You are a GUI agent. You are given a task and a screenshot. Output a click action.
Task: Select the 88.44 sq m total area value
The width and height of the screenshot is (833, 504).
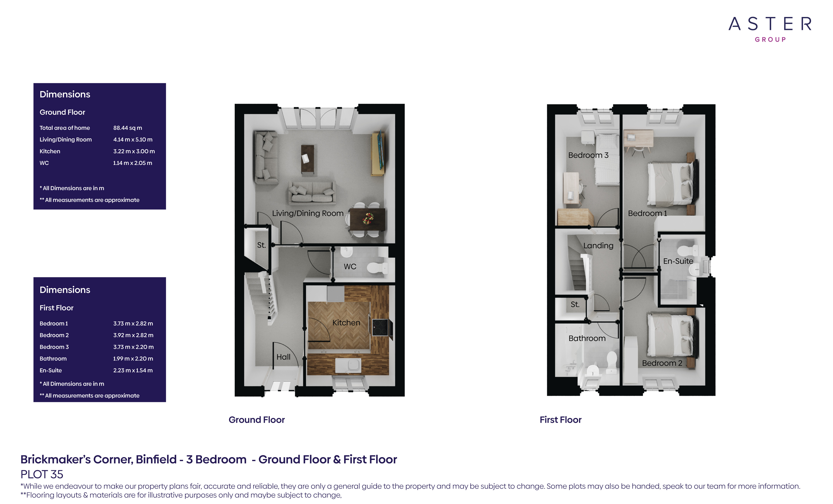coord(127,128)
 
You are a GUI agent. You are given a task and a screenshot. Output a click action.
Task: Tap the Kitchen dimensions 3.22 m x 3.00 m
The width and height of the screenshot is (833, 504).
coord(134,151)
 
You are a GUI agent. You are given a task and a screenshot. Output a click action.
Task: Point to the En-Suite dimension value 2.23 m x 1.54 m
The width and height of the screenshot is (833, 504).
coord(133,370)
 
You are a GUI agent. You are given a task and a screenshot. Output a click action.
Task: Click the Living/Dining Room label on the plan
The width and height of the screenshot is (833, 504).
coord(308,214)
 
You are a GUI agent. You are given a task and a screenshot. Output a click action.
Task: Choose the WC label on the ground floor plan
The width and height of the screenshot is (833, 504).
coord(350,267)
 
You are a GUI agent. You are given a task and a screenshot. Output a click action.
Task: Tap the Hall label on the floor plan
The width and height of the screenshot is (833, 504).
coord(283,357)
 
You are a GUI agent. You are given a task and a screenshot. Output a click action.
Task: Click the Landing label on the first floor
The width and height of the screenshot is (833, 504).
coord(598,246)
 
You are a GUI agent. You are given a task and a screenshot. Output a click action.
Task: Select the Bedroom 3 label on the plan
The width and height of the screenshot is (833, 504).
coord(588,155)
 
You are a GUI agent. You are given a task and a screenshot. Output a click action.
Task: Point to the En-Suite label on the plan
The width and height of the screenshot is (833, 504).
coord(678,261)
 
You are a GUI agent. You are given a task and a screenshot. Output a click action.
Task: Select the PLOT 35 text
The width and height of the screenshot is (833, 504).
coord(42,474)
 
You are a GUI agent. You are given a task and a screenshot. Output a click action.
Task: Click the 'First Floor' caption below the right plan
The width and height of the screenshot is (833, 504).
coord(561,420)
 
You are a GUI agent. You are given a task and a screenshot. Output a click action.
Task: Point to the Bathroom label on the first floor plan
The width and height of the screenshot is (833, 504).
coord(587,338)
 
